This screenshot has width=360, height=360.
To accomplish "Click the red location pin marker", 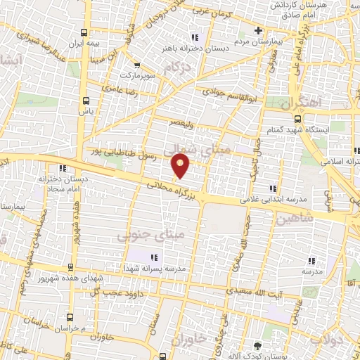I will (x=181, y=166).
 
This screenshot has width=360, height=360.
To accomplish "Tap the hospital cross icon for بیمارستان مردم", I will (x=258, y=30).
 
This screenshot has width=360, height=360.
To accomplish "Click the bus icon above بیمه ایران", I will (x=85, y=32).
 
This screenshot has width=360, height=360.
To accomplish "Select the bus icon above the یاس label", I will (x=86, y=100).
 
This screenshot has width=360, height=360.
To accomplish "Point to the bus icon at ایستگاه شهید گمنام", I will (x=297, y=118).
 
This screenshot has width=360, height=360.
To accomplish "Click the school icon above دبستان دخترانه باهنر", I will (x=195, y=37).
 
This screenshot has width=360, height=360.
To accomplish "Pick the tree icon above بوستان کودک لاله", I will (x=257, y=345).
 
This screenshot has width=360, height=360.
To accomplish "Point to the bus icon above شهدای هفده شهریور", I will (x=71, y=266).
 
